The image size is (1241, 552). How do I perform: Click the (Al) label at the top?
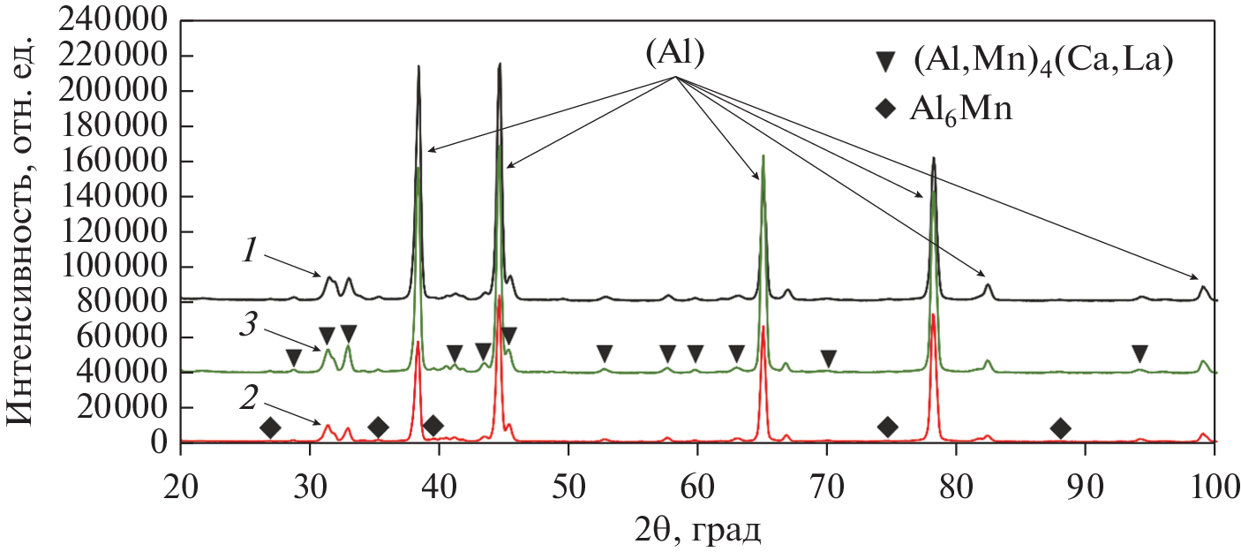pyautogui.click(x=674, y=54)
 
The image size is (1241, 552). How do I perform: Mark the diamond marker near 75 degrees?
pyautogui.click(x=888, y=427)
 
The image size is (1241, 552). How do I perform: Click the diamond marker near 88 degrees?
pyautogui.click(x=1060, y=428)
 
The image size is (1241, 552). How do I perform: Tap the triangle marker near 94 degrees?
pyautogui.click(x=1139, y=354)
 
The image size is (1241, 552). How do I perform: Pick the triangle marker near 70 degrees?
pyautogui.click(x=828, y=359)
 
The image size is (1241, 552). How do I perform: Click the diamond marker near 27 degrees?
pyautogui.click(x=271, y=428)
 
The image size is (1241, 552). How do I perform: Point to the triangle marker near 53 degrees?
pyautogui.click(x=605, y=354)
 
